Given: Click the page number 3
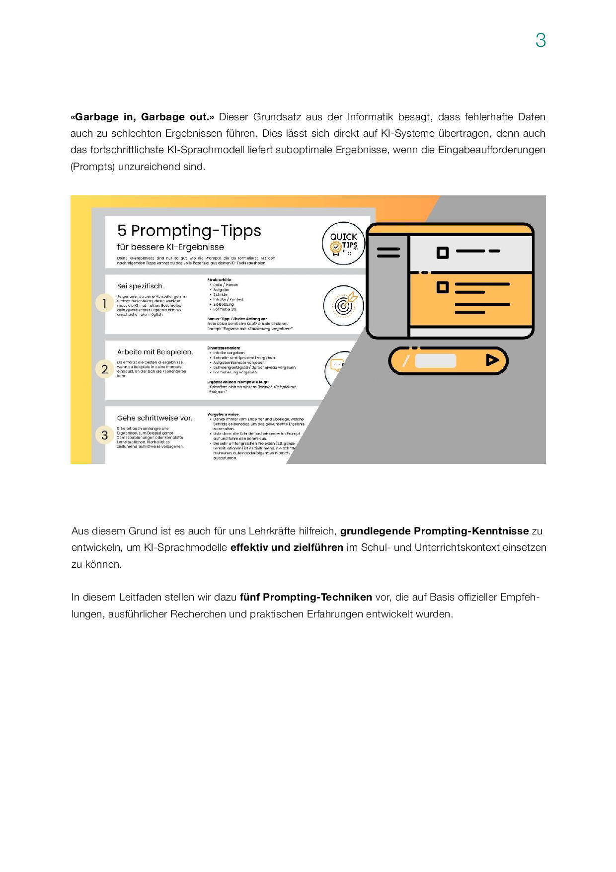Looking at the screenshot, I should coord(540,40).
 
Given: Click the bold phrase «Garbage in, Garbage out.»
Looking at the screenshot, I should coord(142,117).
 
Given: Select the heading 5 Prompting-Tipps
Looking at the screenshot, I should coord(189,231).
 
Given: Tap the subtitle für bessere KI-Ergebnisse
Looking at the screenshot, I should coord(170,247).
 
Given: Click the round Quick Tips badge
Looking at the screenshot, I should coord(343,243).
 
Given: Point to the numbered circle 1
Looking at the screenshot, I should coord(104,303).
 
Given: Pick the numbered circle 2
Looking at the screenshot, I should coord(104,369).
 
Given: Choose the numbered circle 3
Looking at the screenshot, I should coord(104,435).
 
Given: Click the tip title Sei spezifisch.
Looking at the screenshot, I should coord(141,286).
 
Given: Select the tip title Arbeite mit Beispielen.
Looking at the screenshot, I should coord(155,352).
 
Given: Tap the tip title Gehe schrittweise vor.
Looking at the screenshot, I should coord(154,418).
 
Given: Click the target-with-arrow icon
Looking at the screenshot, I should coord(343,305).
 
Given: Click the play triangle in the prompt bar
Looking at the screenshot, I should coord(492,360).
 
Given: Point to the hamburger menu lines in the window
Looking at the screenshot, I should coord(388,253).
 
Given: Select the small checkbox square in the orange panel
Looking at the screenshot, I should coord(442,287).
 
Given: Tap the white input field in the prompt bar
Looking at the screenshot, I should coord(435,360).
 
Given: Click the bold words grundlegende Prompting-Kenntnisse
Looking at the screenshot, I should coord(434,531).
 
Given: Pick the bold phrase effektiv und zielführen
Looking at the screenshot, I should coord(287,547).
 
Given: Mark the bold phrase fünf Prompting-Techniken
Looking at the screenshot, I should coord(306,597).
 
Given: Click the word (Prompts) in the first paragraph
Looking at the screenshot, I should coord(92,167).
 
